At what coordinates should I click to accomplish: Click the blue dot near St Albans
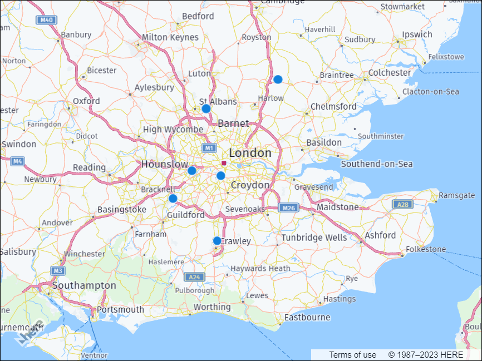coord(206,108)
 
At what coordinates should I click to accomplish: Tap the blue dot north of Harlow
coord(278,80)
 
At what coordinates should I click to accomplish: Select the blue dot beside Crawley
coord(217,241)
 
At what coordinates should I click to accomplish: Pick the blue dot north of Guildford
coord(173,199)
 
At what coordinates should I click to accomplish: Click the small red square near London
coord(223,163)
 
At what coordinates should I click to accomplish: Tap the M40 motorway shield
coord(46,20)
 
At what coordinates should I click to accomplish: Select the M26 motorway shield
coord(288,208)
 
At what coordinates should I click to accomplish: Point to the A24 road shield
coord(194,277)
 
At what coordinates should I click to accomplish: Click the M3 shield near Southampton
coord(57,271)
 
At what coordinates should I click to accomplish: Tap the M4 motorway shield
coord(17,161)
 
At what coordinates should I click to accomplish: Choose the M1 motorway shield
coord(209,149)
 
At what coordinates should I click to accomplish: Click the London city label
coord(250,153)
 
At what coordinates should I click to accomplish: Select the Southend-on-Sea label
coord(377,164)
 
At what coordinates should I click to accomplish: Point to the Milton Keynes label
coord(170,37)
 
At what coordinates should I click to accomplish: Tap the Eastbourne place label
coord(307,318)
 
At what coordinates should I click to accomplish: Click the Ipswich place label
coord(417,34)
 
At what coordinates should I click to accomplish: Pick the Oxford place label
coord(86,101)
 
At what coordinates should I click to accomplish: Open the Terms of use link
coord(352,355)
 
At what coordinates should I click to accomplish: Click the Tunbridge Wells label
coord(314,238)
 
